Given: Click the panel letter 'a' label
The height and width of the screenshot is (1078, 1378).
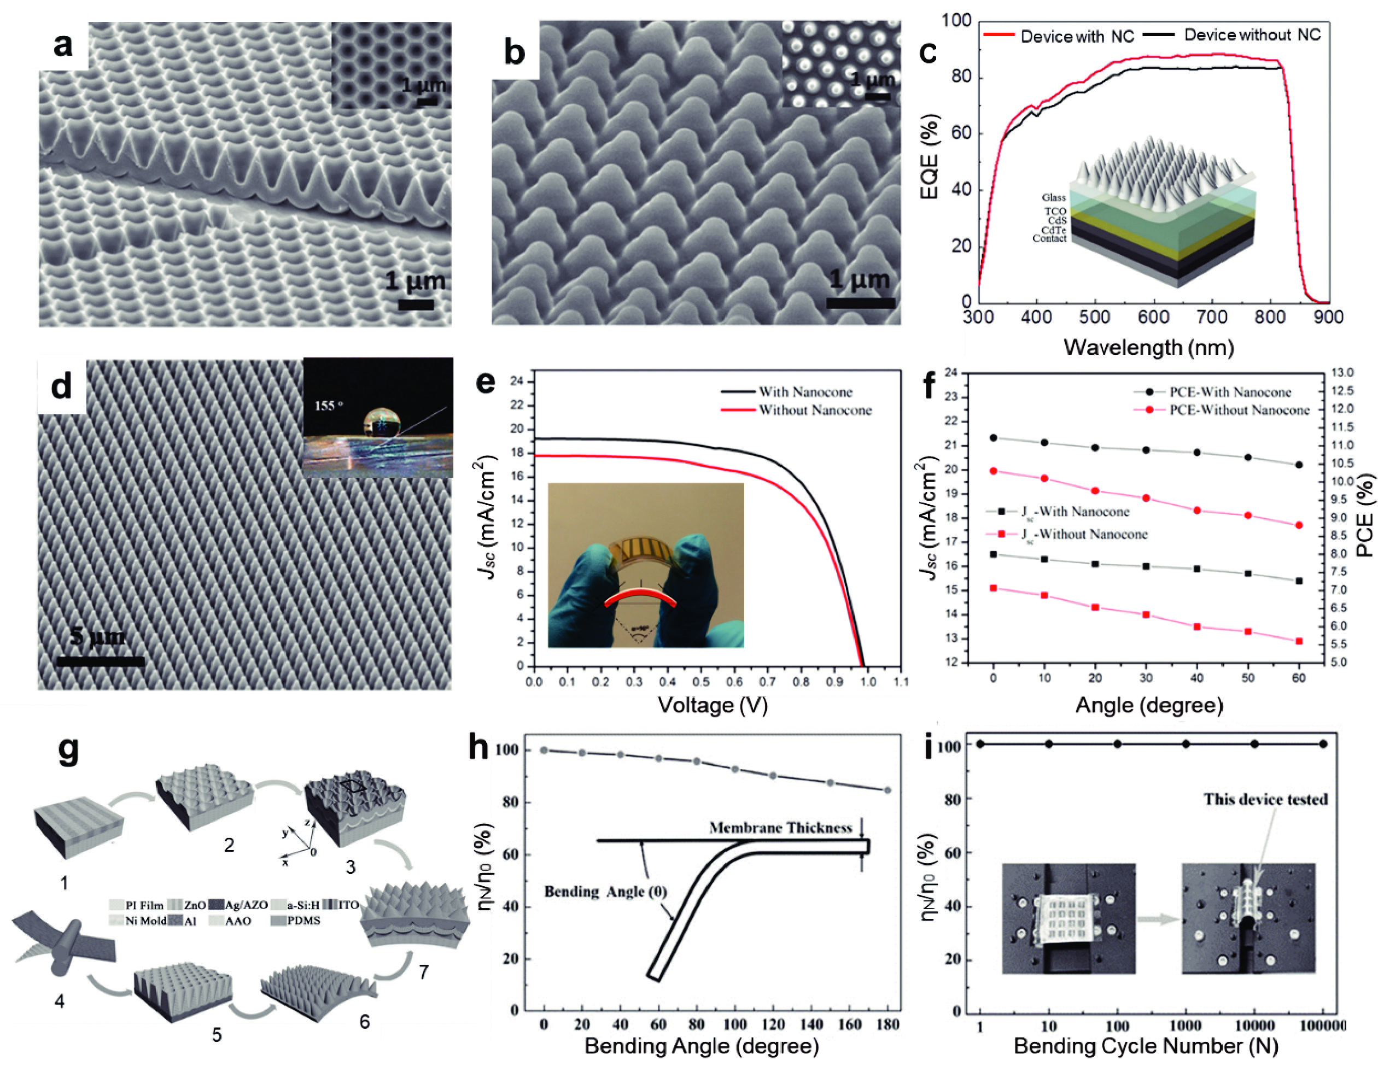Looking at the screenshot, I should (62, 45).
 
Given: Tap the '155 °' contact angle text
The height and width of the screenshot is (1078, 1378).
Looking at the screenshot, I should (328, 405).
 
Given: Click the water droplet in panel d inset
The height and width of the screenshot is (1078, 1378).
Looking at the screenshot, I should (382, 423).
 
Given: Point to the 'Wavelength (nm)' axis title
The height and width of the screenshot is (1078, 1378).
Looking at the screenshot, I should (1148, 347).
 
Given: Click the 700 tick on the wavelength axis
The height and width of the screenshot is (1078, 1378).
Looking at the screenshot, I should (1211, 317).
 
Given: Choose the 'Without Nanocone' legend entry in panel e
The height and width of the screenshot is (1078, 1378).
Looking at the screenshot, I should (814, 410).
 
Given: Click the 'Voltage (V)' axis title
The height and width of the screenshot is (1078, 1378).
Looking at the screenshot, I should (713, 705).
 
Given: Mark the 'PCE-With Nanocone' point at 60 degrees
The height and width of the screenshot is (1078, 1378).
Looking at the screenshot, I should (1299, 465).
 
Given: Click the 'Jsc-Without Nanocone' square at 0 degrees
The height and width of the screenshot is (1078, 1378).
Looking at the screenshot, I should (993, 588).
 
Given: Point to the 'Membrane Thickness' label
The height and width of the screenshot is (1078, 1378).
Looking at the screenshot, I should (780, 828).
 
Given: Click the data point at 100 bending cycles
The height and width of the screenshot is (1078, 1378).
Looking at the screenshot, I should (1117, 744).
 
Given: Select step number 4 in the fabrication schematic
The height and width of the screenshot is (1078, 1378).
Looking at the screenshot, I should (60, 1001).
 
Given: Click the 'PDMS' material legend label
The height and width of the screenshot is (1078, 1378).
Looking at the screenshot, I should (303, 921).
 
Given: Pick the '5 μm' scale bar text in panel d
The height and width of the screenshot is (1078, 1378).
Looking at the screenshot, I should (97, 636).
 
